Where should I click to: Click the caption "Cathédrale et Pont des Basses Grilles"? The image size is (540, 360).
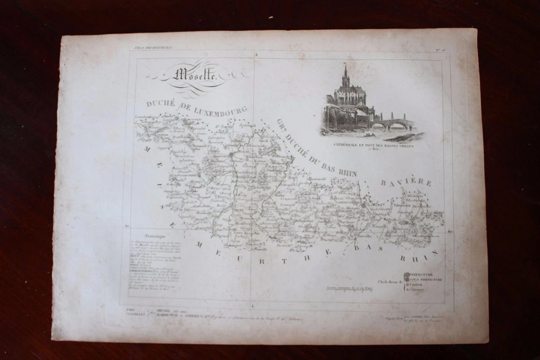[373, 145]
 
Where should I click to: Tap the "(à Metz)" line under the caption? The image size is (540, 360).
[373, 150]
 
